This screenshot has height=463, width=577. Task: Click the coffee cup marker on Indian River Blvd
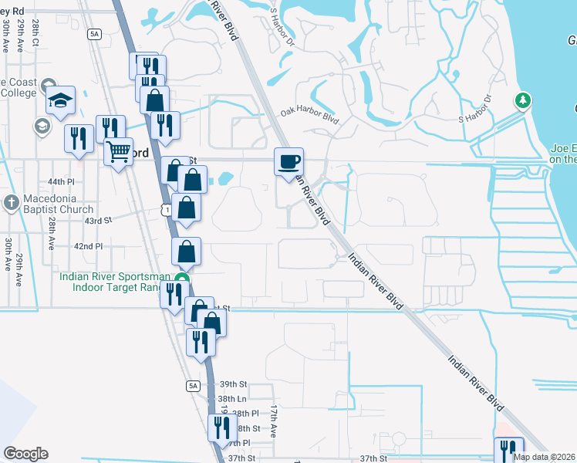click(289, 162)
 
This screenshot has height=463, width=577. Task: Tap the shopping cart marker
click(118, 151)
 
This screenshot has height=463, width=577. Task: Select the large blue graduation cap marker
click(60, 100)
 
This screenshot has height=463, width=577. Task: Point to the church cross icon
click(11, 203)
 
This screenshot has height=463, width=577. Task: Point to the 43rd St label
click(98, 220)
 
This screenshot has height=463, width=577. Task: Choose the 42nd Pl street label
click(88, 246)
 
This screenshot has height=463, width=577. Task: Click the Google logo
click(25, 454)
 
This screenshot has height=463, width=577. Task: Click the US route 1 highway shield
click(166, 209)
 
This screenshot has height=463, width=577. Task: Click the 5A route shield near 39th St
click(193, 385)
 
